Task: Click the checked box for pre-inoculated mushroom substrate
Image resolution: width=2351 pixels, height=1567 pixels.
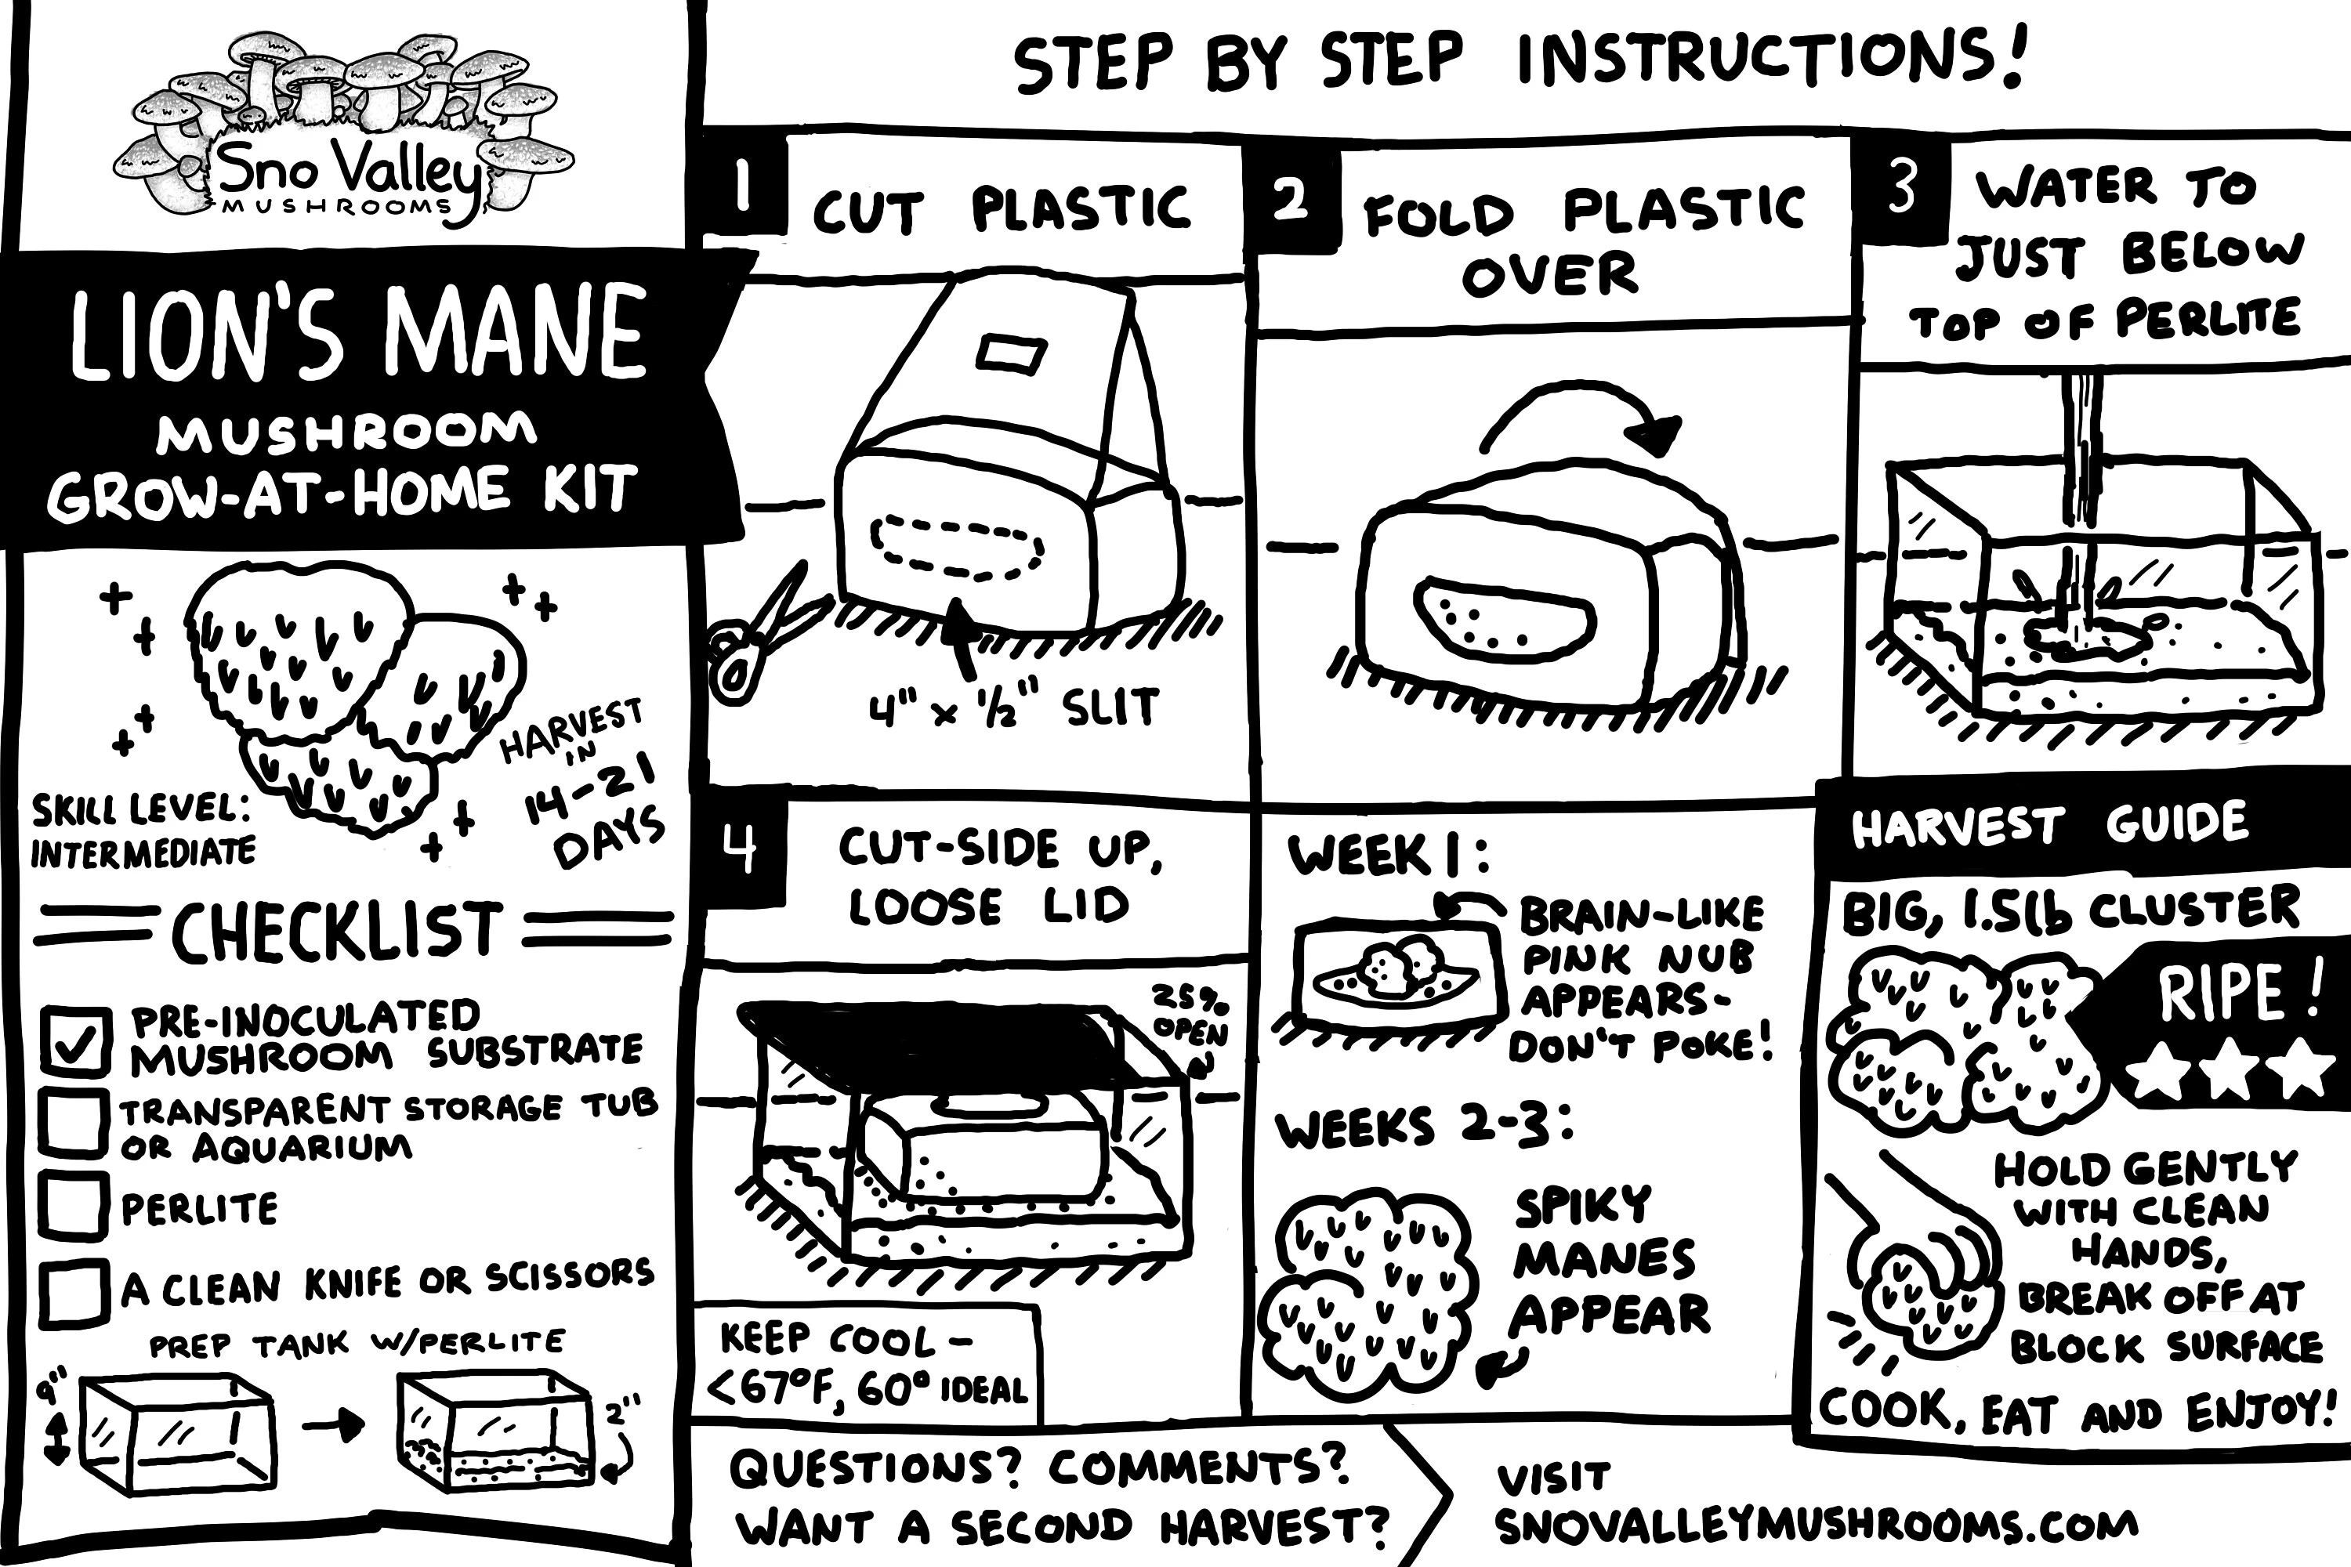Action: click(76, 1040)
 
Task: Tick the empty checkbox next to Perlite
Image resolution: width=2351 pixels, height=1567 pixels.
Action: click(74, 1207)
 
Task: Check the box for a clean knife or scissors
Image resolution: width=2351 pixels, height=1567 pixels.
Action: click(74, 1291)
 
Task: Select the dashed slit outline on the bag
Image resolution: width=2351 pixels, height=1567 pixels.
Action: click(958, 548)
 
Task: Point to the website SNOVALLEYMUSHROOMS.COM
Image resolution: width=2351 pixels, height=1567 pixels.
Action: click(1815, 1526)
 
